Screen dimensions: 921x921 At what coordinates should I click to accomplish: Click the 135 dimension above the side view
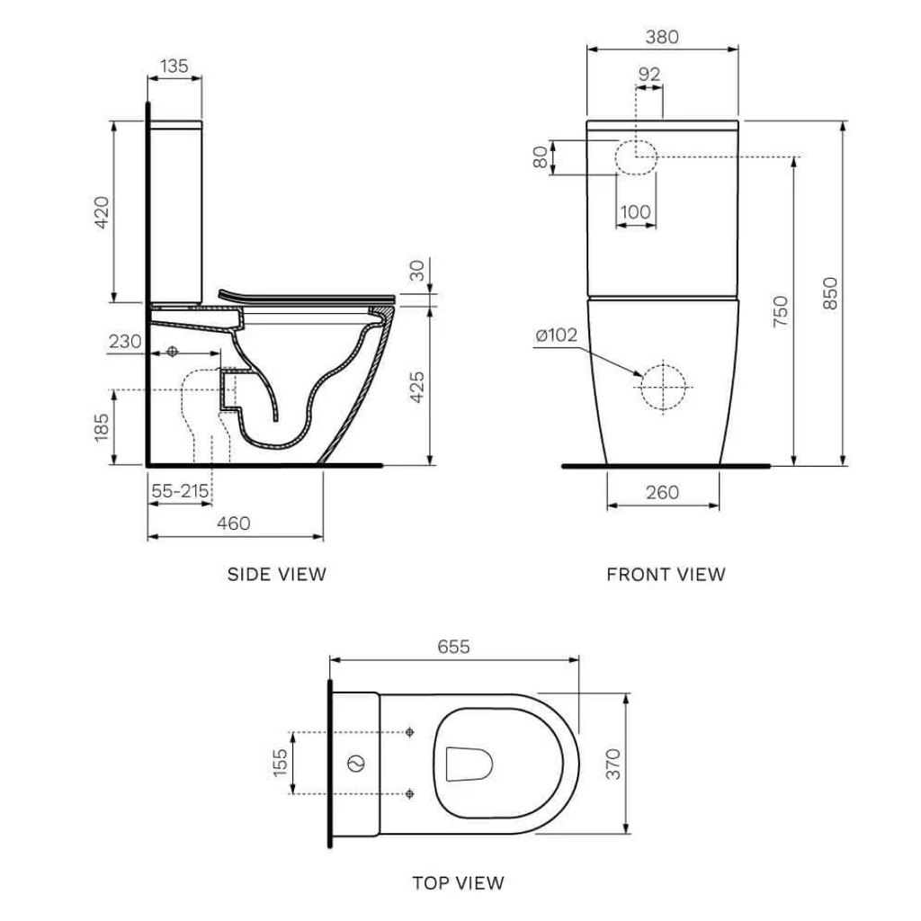click(x=174, y=66)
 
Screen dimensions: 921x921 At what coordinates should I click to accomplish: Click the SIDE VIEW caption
click(x=277, y=574)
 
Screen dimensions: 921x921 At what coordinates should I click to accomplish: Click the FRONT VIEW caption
click(x=666, y=574)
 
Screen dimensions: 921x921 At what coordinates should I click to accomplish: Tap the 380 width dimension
click(x=662, y=37)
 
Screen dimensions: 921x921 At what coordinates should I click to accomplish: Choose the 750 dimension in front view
click(x=780, y=310)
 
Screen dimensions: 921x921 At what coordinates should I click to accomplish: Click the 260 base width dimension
click(x=663, y=492)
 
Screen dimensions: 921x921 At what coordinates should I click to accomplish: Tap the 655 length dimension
click(x=453, y=647)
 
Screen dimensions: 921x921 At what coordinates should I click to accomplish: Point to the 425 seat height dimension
click(x=416, y=386)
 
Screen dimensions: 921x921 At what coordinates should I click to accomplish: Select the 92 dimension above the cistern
click(x=648, y=75)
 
